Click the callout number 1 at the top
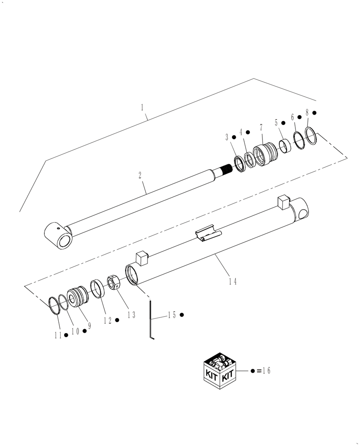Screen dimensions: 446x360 pos(142,107)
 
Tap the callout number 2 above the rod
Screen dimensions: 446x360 pos(140,175)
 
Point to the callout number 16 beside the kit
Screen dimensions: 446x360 pos(266,371)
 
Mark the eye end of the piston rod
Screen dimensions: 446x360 pos(59,236)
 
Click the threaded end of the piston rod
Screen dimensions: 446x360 pos(226,170)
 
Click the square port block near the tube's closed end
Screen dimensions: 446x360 pos(284,203)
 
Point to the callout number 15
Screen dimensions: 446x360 pos(172,315)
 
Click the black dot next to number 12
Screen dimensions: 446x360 pos(117,320)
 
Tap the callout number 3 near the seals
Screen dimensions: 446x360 pos(227,136)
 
